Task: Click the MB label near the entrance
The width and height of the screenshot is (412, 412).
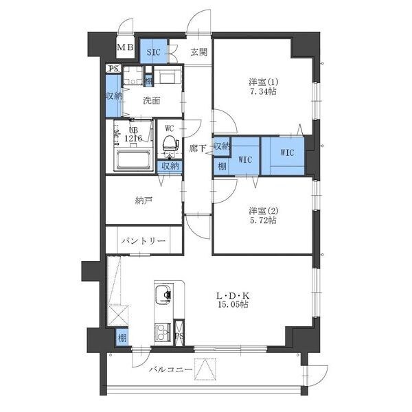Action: point(125,47)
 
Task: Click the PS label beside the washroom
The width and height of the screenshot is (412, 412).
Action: point(113,69)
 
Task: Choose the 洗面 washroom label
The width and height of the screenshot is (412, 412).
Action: point(151,100)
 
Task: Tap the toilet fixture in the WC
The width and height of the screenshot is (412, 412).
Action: point(168,143)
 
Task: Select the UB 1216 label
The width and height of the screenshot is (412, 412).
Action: point(132,134)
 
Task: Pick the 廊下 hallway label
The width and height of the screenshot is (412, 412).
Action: point(198,148)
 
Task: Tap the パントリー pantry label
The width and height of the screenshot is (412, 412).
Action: point(144,242)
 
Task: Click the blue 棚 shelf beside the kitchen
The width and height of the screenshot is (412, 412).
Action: point(122,338)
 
